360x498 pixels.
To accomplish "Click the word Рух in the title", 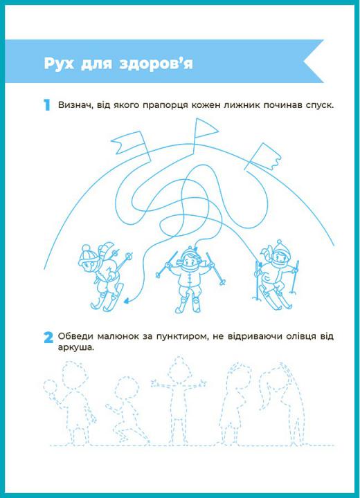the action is pos(59,64).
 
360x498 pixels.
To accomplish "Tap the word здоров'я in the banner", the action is pos(156,64).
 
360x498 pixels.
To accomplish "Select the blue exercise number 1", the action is pos(47,105).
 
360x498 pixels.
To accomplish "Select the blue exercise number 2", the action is pos(48,338).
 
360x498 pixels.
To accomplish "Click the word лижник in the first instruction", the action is pos(242,105).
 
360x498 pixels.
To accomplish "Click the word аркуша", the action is pos(76,347).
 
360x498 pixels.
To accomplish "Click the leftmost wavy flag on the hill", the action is pos(129,142).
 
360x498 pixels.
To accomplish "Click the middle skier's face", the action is pos(190,263).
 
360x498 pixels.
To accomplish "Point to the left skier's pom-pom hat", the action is pos(87,253).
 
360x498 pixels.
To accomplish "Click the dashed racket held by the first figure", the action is pos(50,386).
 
